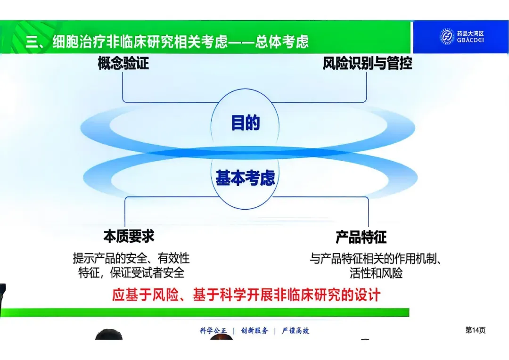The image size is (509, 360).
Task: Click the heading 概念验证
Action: click(123, 63)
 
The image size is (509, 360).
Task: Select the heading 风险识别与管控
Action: click(367, 63)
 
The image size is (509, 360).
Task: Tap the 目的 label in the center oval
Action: click(246, 123)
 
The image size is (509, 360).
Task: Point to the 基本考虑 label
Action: click(245, 178)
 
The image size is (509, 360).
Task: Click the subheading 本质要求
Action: click(129, 237)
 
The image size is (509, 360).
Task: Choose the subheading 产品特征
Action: click(361, 237)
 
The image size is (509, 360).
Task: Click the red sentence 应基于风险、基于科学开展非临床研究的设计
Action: click(246, 295)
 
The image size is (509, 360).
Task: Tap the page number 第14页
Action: click(475, 330)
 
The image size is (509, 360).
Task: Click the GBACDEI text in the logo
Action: click(470, 40)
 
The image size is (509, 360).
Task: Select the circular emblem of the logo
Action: click(447, 36)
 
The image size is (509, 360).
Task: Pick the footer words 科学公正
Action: click(213, 330)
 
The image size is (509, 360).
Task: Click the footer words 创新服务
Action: click(254, 330)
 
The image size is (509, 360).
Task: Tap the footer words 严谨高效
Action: click(296, 330)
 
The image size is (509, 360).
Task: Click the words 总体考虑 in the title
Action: click(281, 41)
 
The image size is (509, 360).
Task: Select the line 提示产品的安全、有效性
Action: click(131, 258)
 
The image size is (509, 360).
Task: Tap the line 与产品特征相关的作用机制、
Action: click(375, 259)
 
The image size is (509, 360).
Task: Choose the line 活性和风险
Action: click(376, 273)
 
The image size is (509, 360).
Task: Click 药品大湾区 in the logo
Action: click(470, 33)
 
